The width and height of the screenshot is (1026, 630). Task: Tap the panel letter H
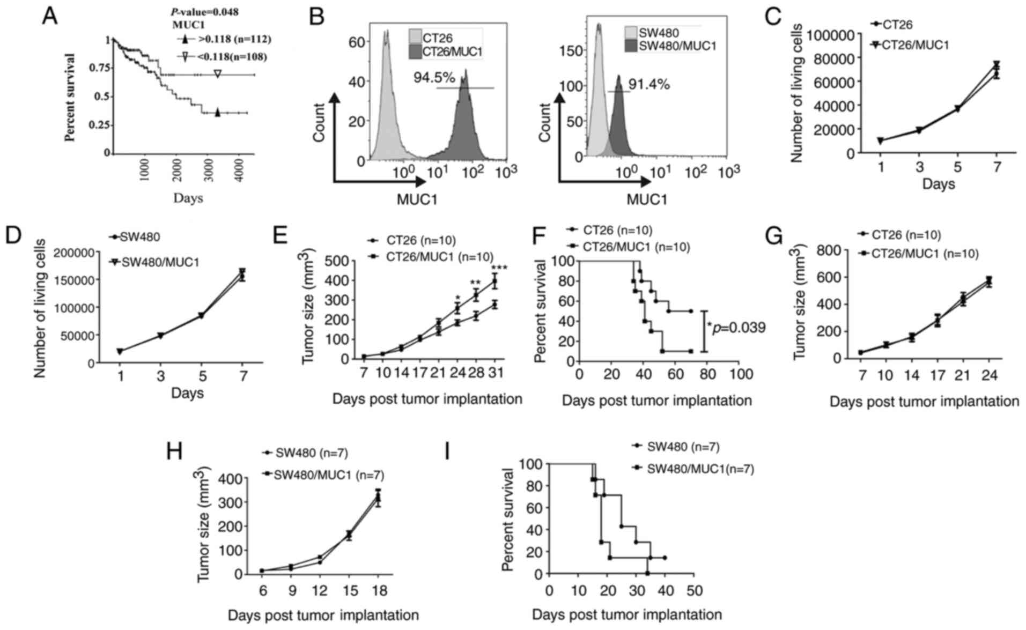[x=175, y=451]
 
